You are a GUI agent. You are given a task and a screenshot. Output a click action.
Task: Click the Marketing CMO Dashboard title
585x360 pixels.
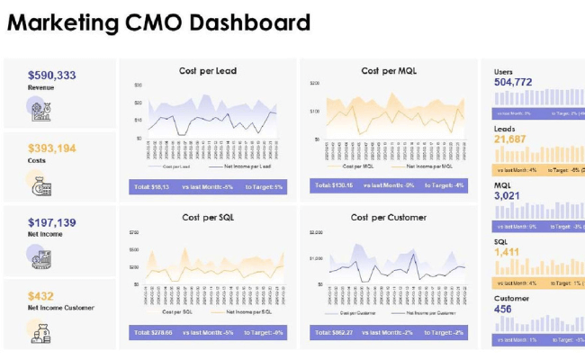(159, 22)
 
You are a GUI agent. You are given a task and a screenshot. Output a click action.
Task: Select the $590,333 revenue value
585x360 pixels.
(52, 76)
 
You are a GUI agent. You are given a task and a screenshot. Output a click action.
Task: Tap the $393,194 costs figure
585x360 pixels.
(52, 148)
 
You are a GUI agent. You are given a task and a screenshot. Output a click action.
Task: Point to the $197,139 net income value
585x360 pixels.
(52, 222)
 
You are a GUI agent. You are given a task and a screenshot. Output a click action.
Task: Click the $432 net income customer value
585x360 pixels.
(40, 295)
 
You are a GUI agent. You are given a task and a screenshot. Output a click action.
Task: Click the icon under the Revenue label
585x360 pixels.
(40, 111)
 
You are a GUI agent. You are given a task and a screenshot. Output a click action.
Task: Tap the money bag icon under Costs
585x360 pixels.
(40, 185)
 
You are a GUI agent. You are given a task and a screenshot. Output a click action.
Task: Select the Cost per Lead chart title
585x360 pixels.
(209, 71)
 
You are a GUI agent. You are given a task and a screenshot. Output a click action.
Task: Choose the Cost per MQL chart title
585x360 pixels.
(389, 71)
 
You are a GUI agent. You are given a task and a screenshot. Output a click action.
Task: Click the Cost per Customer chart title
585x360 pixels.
(389, 218)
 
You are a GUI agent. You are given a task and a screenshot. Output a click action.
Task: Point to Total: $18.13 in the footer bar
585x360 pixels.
(151, 186)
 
